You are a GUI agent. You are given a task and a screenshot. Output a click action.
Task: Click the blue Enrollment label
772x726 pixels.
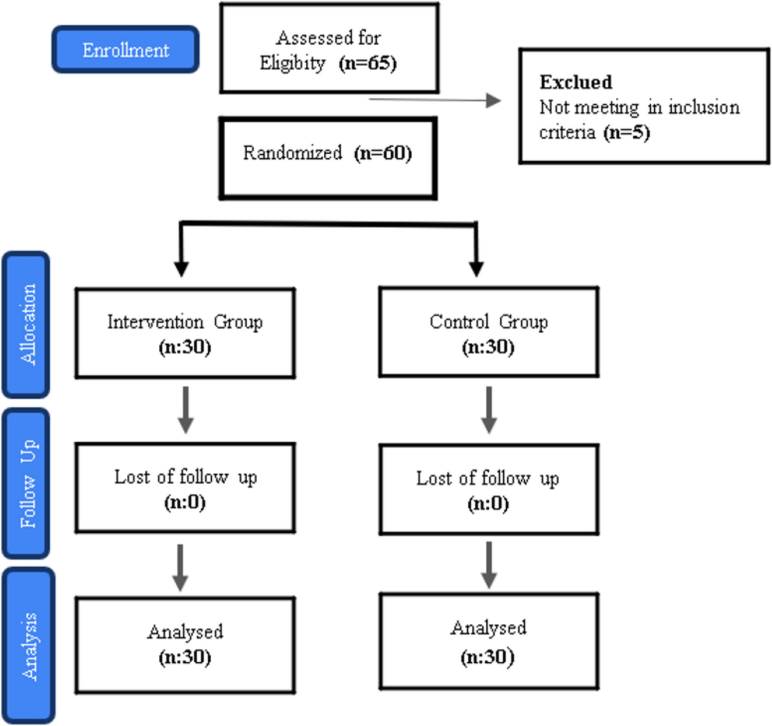point(125,50)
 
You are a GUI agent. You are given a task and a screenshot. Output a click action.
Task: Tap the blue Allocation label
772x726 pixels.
point(27,325)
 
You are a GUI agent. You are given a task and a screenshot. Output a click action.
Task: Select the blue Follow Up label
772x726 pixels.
point(27,483)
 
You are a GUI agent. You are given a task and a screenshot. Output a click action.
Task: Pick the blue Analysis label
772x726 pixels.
point(29,646)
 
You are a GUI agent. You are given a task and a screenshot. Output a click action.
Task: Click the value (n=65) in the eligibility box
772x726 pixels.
point(367,63)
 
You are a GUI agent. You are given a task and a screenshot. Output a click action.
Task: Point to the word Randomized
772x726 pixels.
point(292,153)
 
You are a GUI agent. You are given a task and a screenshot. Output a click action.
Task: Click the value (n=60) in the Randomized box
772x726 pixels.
point(383,153)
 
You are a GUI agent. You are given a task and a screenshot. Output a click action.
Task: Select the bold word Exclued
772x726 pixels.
point(576,82)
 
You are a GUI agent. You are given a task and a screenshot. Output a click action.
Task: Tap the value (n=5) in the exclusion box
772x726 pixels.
point(627,133)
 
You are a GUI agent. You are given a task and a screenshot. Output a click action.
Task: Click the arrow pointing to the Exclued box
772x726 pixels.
point(435,100)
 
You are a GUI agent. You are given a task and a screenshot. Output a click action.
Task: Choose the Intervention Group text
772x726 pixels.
point(185,322)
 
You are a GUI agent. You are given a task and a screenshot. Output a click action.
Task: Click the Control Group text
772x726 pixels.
point(488,322)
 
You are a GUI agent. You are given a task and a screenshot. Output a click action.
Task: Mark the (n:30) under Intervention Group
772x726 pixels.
point(185,347)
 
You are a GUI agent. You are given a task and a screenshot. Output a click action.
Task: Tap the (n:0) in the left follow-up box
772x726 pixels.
point(185,502)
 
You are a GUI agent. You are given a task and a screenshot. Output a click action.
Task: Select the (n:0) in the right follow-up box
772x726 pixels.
point(488,504)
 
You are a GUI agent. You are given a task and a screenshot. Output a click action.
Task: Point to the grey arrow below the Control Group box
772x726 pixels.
point(489,410)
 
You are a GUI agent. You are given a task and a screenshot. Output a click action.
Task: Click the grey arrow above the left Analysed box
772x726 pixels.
point(180,567)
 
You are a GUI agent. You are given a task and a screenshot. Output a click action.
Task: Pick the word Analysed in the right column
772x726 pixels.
point(488,628)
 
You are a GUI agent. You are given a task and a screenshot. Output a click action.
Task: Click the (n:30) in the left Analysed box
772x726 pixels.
point(185,657)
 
